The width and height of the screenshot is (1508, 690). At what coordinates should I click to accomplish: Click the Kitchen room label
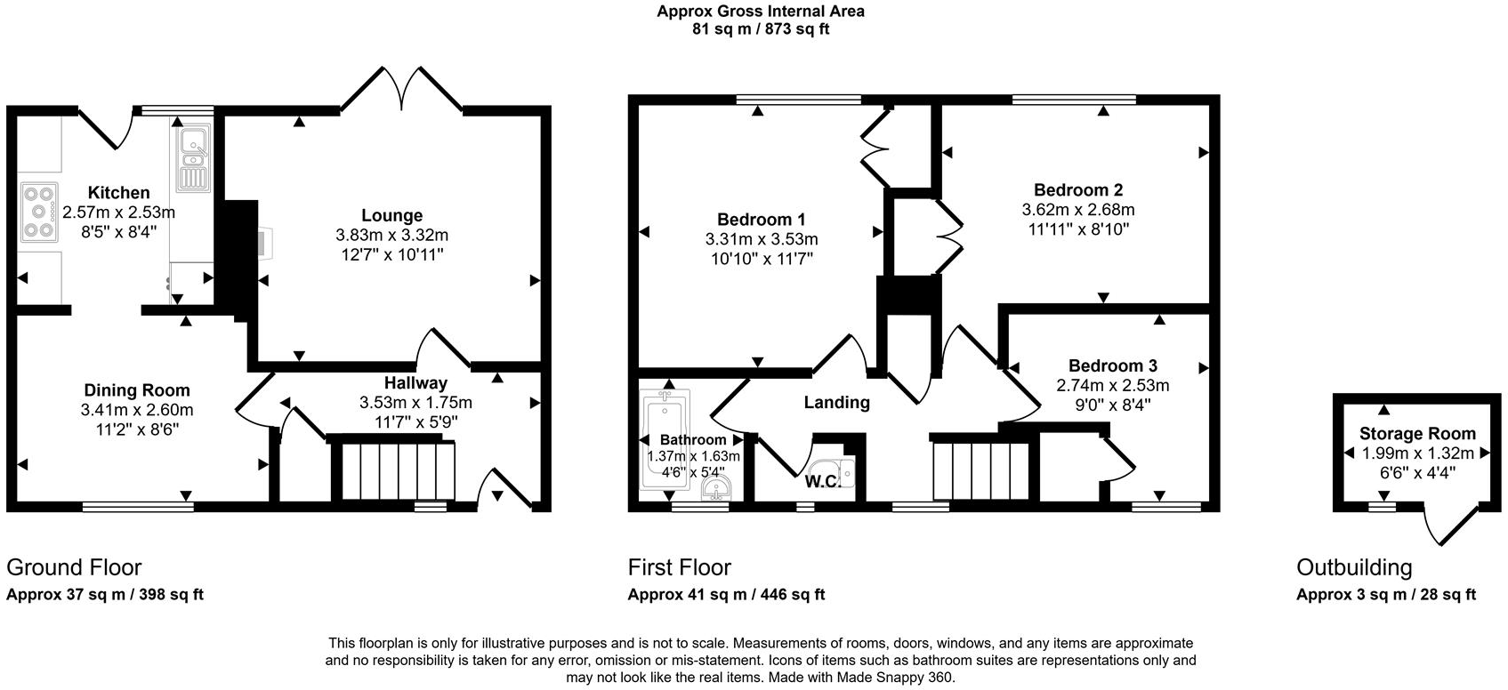click(118, 193)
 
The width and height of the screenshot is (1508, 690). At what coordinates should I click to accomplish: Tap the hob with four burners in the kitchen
click(39, 212)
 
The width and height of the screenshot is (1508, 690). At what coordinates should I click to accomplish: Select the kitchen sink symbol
click(191, 160)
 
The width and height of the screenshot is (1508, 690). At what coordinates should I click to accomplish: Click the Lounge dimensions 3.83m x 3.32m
click(391, 236)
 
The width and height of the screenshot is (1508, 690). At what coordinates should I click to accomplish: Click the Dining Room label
click(137, 390)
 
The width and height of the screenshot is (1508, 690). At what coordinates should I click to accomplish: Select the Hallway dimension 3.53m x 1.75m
click(415, 402)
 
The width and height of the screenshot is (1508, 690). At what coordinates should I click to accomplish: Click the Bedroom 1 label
click(762, 220)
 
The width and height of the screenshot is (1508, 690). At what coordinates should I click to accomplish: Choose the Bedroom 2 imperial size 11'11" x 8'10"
click(1078, 229)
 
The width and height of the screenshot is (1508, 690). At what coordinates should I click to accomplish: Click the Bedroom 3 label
click(1112, 366)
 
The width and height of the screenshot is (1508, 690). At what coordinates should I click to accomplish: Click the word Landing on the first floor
click(836, 403)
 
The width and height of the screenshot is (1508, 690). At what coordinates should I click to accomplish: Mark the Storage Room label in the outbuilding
click(1417, 434)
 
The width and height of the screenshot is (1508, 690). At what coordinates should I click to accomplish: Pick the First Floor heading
click(680, 567)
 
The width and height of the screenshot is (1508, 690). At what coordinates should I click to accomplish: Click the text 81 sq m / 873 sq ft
click(761, 28)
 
